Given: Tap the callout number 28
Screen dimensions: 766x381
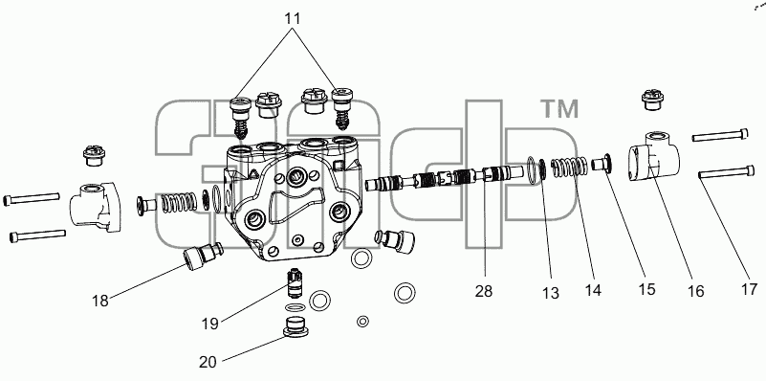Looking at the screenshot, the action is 484,291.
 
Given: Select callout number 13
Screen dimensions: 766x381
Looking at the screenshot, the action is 550,293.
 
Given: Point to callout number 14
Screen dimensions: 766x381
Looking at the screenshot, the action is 593,290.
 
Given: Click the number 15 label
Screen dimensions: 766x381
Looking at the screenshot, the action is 646,289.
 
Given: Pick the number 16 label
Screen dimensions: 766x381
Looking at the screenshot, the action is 695,291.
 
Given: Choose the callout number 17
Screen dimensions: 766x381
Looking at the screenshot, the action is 749,289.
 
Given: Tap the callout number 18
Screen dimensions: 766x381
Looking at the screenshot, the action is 100,301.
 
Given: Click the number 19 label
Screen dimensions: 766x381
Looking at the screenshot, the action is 210,324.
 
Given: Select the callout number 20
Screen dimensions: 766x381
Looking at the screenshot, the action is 208,362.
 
